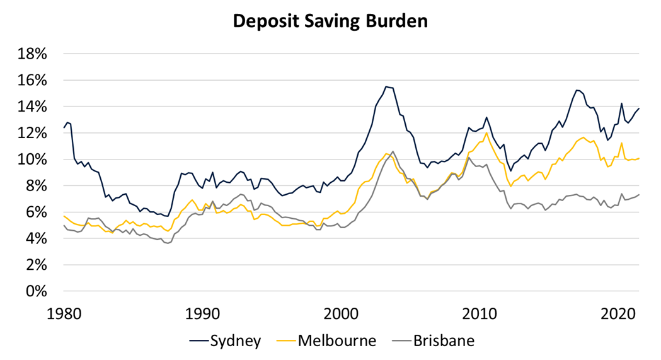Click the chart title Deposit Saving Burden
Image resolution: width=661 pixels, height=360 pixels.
pos(330,21)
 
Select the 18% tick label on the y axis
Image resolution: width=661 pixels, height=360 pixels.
pos(31,54)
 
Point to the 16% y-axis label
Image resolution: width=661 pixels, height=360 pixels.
pos(31,80)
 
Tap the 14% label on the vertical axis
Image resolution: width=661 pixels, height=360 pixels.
pos(31,107)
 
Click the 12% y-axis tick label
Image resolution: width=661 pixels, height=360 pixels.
pos(31,133)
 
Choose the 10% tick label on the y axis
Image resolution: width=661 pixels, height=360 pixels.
pos(31,160)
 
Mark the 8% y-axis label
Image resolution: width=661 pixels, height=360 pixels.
pos(35,186)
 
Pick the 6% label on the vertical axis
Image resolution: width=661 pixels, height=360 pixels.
pos(35,212)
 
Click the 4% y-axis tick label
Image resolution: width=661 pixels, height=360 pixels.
pos(35,239)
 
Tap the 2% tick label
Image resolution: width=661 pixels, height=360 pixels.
pos(35,265)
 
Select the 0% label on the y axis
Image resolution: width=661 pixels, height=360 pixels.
pos(35,292)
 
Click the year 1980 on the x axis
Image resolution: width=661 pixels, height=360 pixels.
pos(64,313)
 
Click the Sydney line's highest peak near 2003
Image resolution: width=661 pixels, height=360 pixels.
pos(386,86)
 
